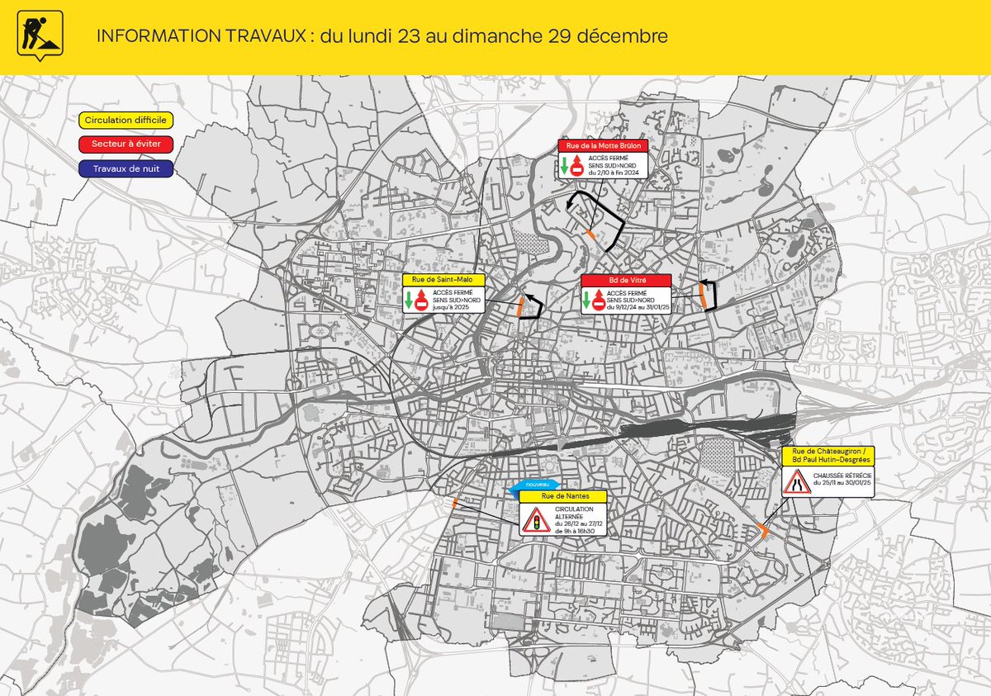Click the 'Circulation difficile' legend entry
126,121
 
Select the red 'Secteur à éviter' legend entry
126,144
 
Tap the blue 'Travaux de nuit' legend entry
126,168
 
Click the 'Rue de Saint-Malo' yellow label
443,280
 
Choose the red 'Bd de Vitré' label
624,280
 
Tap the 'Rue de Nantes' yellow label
562,496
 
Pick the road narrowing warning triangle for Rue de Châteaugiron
797,481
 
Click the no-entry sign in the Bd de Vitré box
599,304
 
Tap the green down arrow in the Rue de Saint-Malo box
409,301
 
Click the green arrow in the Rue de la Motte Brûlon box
563,166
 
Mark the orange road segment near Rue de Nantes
453,502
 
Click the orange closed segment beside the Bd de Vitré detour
704,296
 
